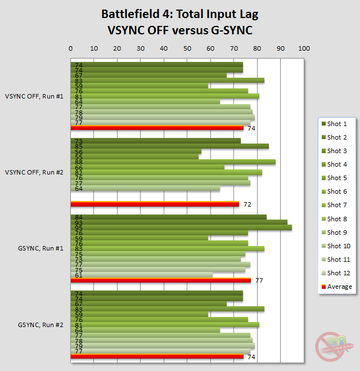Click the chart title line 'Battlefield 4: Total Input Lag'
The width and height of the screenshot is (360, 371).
[x=175, y=14]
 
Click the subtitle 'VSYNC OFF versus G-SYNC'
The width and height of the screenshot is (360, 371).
[x=175, y=30]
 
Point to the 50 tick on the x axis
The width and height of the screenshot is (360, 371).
[x=187, y=49]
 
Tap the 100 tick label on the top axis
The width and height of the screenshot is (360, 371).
[x=304, y=49]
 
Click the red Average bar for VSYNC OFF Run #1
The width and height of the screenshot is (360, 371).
[x=157, y=128]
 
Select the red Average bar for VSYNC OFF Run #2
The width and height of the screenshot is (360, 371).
[x=155, y=203]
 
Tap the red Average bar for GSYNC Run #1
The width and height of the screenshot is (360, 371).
[x=160, y=280]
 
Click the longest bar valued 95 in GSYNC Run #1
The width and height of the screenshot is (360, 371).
[x=181, y=227]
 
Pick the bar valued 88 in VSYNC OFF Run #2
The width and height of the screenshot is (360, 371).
[x=173, y=162]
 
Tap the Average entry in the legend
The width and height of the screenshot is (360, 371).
[x=339, y=287]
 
